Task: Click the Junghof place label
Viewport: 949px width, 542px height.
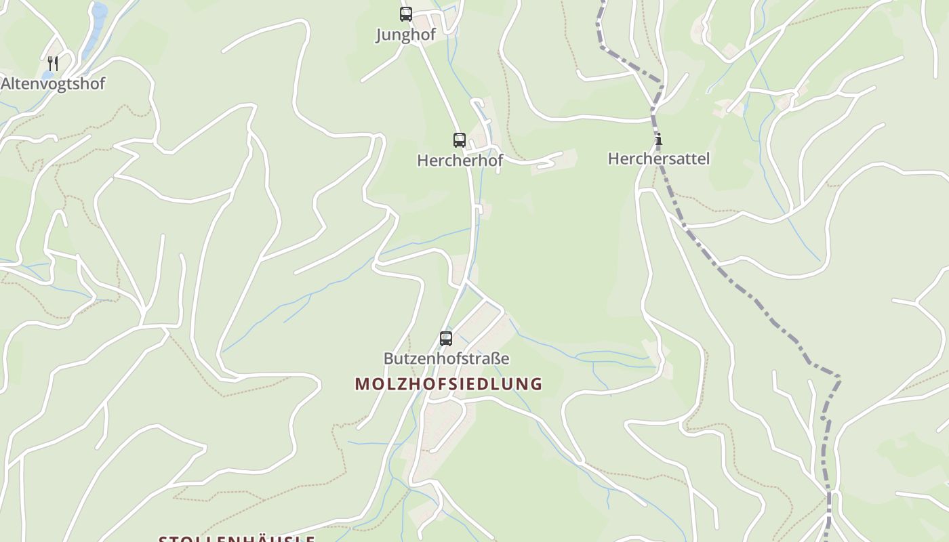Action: [405, 35]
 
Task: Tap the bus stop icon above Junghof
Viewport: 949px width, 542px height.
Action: [405, 14]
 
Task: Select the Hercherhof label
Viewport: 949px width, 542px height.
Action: [460, 161]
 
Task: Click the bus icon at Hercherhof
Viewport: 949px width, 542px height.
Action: [459, 140]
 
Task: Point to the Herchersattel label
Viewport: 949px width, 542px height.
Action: [658, 159]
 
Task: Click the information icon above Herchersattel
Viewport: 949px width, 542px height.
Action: [658, 140]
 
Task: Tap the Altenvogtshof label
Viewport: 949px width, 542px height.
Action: [53, 84]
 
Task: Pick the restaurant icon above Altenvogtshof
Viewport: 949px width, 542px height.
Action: [53, 64]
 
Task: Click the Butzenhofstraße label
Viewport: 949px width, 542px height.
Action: [446, 358]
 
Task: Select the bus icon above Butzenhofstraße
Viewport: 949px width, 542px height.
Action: [445, 339]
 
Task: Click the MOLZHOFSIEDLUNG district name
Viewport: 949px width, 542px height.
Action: [448, 384]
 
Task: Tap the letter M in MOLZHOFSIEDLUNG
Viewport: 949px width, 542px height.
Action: [361, 384]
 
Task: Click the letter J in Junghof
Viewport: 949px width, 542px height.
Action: [380, 35]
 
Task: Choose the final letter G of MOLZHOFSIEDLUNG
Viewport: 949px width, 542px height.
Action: [536, 384]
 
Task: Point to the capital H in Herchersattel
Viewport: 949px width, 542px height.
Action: [613, 159]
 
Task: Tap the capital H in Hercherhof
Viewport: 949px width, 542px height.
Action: [423, 161]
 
